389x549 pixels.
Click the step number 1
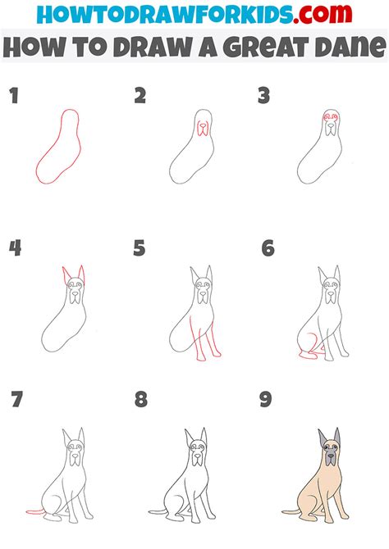point(14,97)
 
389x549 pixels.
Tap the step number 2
point(140,97)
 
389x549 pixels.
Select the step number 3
point(263,97)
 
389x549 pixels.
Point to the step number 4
point(15,247)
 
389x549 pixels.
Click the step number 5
point(140,247)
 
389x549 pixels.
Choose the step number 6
point(267,247)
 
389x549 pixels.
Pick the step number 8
point(141,400)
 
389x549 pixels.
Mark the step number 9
point(267,400)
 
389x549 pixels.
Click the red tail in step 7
point(36,511)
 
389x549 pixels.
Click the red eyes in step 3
point(329,117)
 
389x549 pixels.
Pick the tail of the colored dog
point(292,512)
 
